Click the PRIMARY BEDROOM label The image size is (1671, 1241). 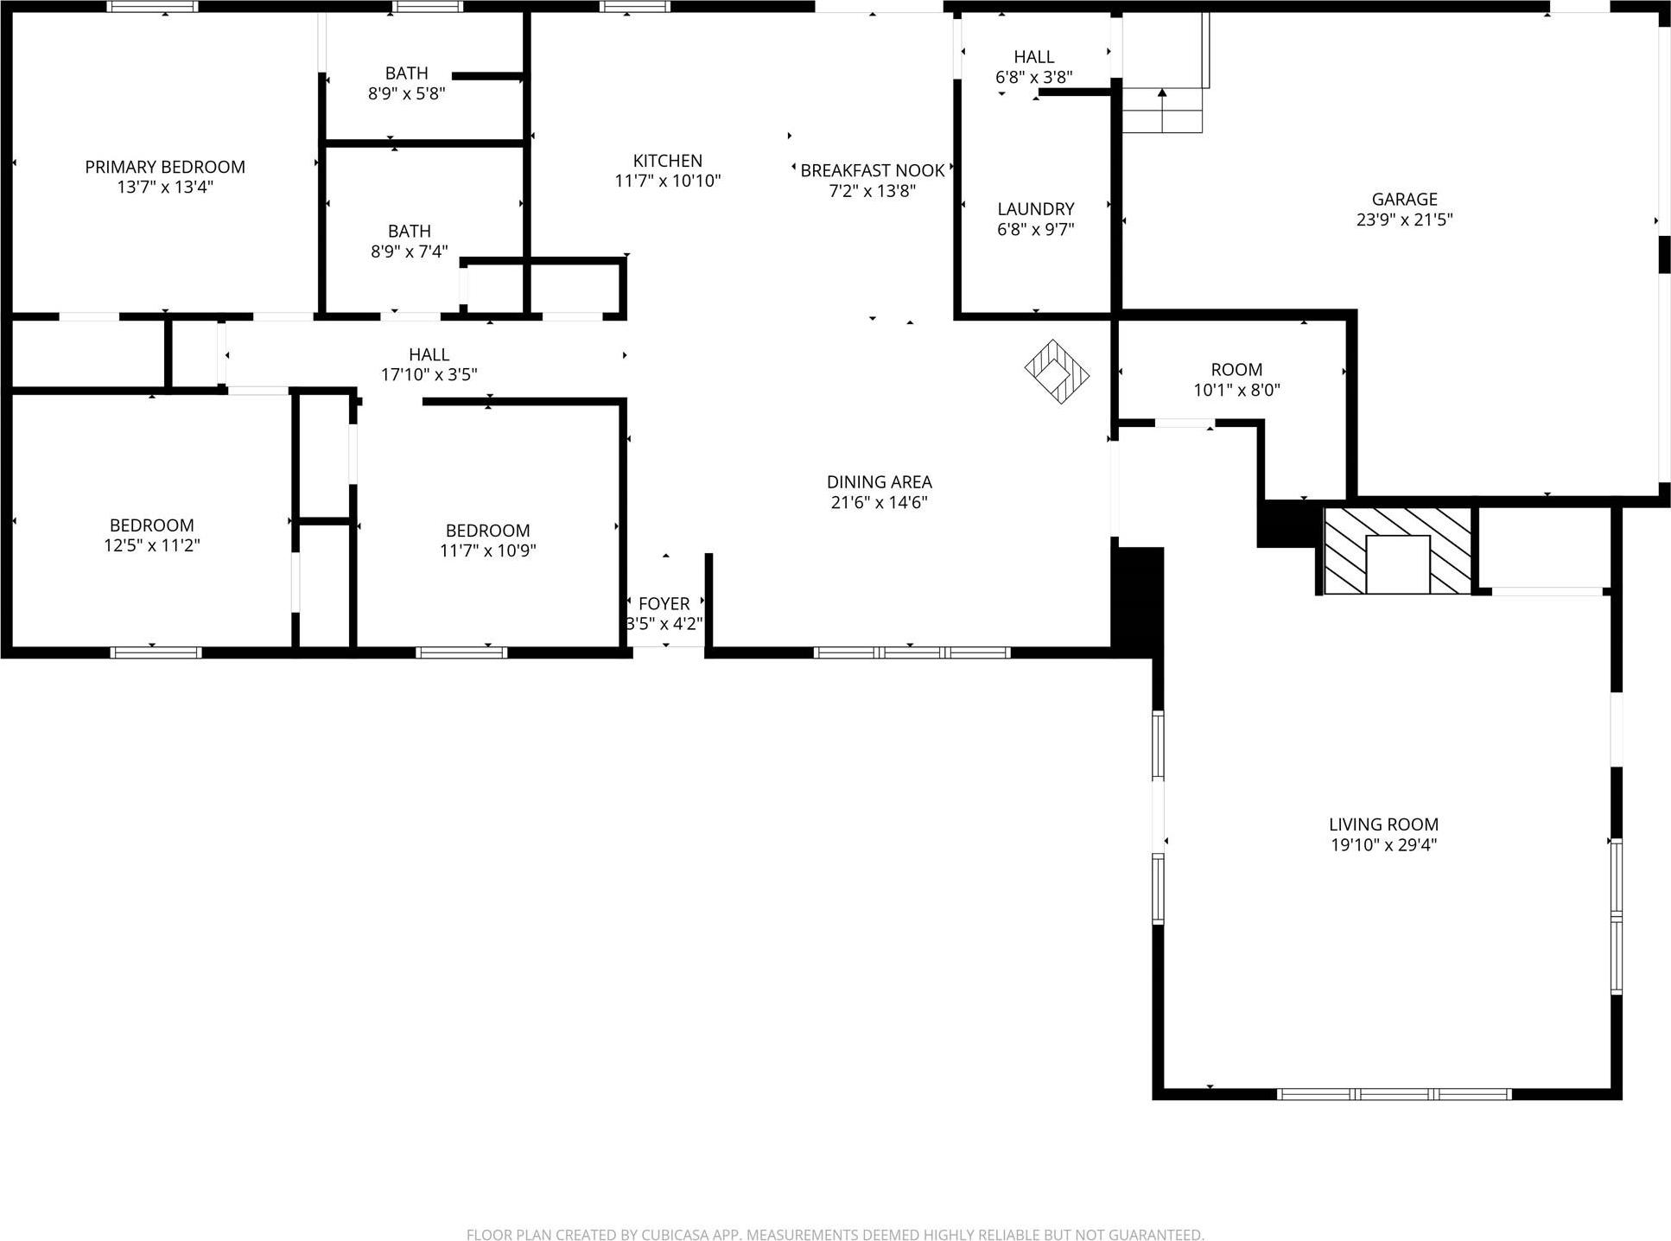click(165, 167)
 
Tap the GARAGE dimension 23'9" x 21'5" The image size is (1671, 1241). click(1404, 220)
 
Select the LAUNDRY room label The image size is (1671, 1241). click(1035, 209)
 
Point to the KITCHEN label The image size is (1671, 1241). click(667, 161)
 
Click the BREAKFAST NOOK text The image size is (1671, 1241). click(872, 170)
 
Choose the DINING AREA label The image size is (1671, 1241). click(879, 482)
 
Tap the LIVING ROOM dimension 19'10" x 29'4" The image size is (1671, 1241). click(1383, 845)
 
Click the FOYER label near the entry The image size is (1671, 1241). click(664, 603)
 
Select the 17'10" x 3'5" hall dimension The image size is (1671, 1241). click(429, 374)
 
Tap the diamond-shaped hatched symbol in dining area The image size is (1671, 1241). click(1056, 372)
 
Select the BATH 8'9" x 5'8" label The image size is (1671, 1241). click(406, 83)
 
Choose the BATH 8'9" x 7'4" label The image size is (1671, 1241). click(409, 241)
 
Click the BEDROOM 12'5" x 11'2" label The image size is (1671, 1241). click(151, 535)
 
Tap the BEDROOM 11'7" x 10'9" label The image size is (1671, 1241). click(487, 540)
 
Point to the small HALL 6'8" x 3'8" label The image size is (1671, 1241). click(1033, 67)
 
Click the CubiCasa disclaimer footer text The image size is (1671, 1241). click(835, 1235)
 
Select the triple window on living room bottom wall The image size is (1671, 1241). click(1394, 1093)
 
